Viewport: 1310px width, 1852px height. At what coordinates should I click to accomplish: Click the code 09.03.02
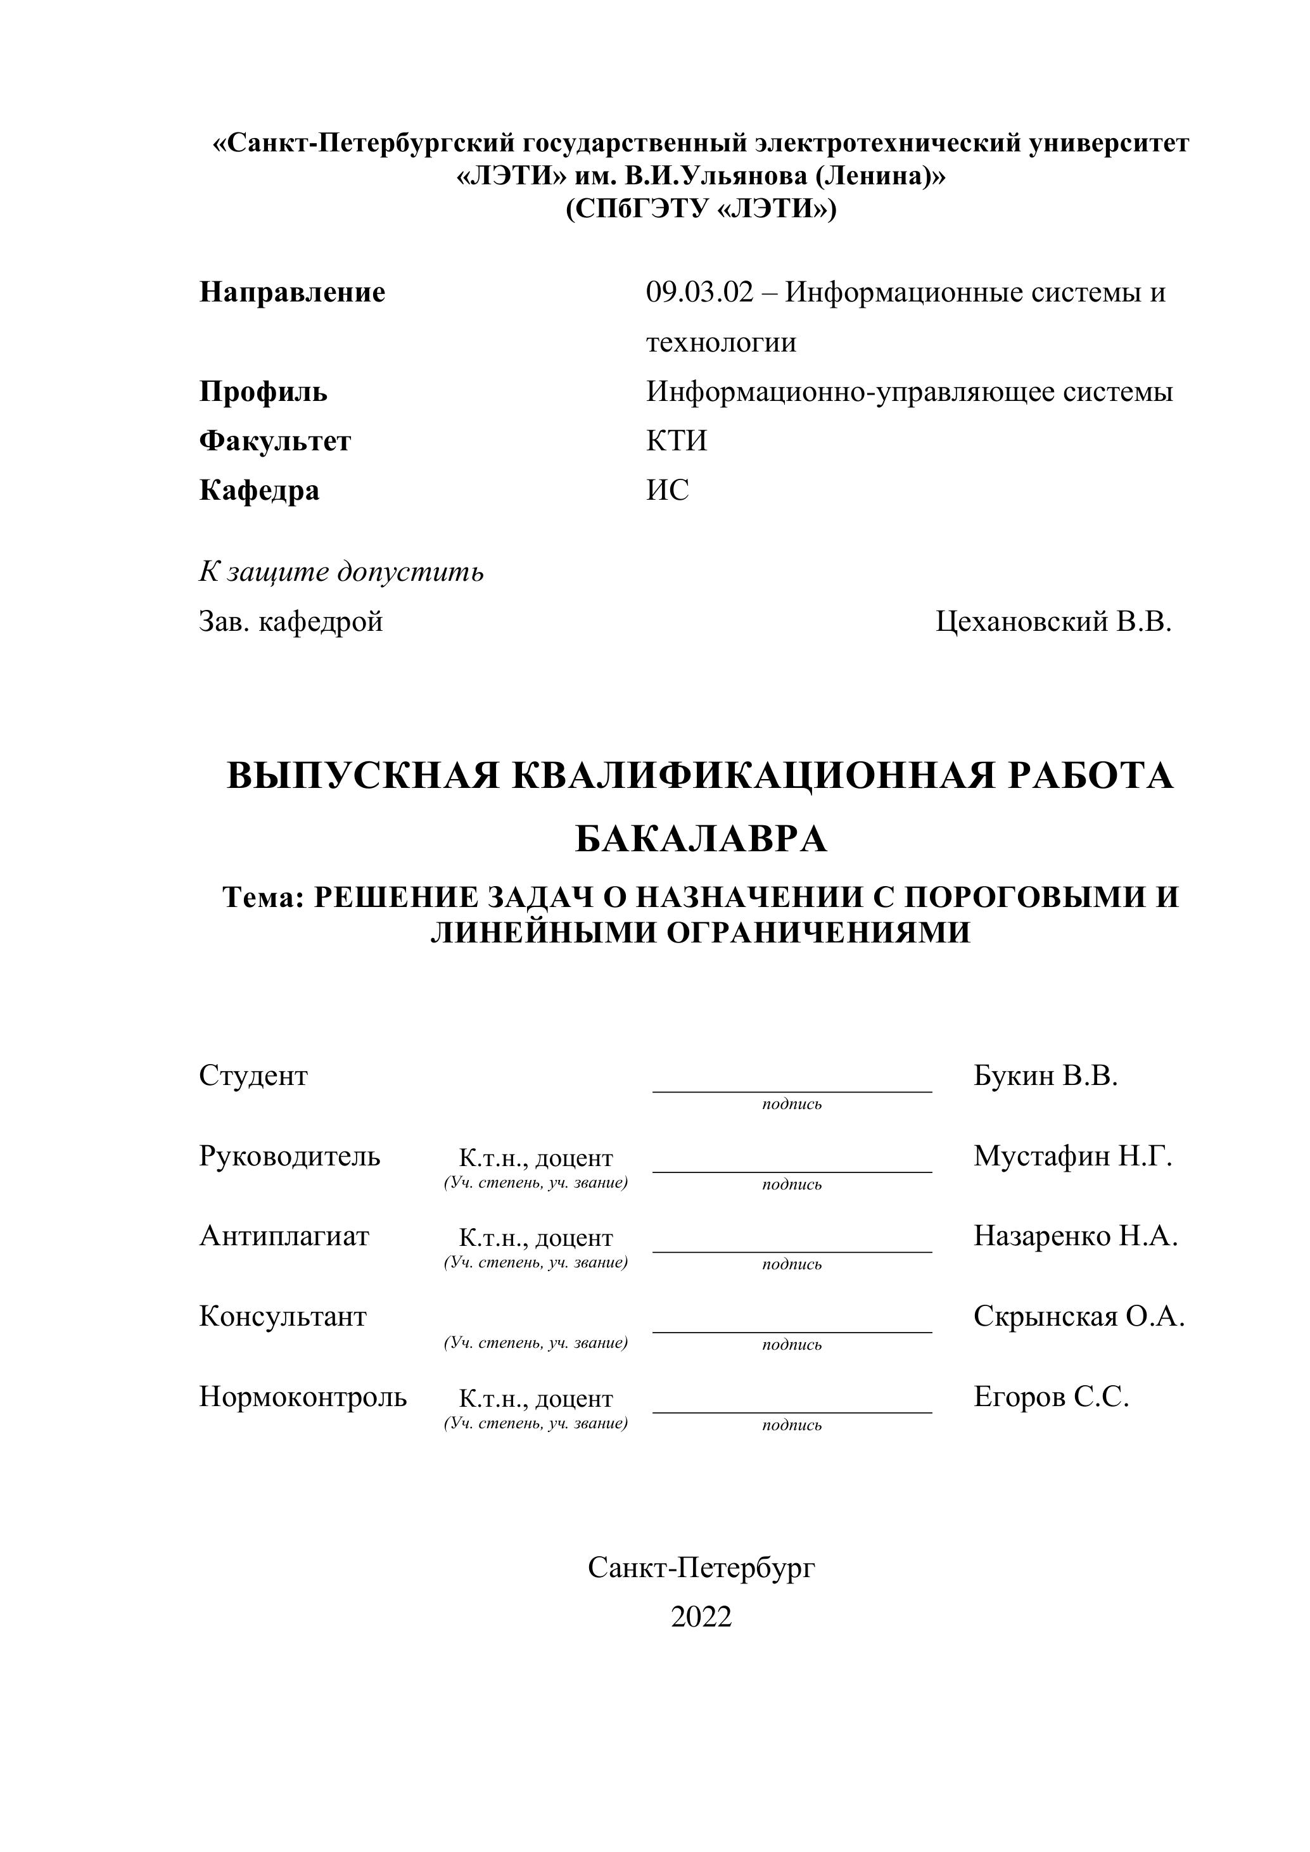(x=699, y=292)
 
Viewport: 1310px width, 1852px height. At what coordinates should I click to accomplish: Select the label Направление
(x=292, y=292)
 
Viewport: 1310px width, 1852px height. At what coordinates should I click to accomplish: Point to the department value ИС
(x=667, y=490)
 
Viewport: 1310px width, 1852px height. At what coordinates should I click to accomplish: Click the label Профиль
(x=263, y=392)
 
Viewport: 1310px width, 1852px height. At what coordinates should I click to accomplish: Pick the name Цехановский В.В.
(x=1053, y=621)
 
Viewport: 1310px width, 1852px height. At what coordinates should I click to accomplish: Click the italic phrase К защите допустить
(x=341, y=572)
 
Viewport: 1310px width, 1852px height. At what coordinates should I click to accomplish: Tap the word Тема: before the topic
(x=263, y=897)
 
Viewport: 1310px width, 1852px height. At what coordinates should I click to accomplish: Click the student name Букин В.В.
(x=1045, y=1075)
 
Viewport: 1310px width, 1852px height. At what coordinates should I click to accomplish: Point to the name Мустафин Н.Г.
(x=1072, y=1156)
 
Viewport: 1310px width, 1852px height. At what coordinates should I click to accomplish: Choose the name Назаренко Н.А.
(x=1075, y=1236)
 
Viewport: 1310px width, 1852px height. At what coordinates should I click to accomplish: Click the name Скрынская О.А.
(x=1079, y=1316)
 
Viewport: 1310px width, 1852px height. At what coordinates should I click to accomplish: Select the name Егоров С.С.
(x=1051, y=1396)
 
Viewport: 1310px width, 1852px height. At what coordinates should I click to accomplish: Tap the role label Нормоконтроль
(x=303, y=1396)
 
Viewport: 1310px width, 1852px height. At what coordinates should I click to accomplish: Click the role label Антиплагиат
(x=284, y=1236)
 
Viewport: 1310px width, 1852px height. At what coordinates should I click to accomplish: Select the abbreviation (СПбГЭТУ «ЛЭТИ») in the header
(x=701, y=209)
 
